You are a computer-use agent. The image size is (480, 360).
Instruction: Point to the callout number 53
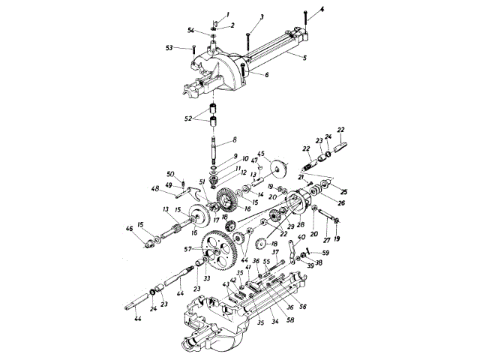[x=170, y=47]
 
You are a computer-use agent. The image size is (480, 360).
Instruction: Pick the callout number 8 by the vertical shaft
[x=235, y=139]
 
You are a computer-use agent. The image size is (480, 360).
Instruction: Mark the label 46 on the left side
[x=129, y=229]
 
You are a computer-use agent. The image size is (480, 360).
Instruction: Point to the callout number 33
[x=207, y=276]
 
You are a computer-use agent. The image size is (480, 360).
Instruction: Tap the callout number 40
[x=301, y=238]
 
